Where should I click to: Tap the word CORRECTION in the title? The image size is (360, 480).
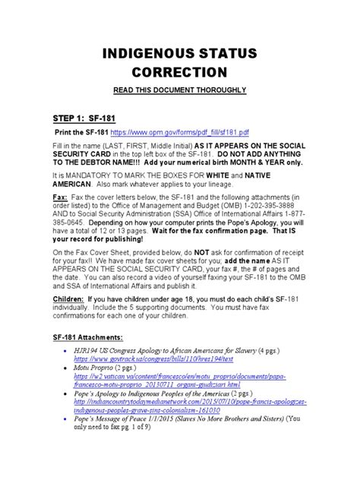[180, 73]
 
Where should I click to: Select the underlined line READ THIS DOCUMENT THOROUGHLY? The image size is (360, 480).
[180, 90]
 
